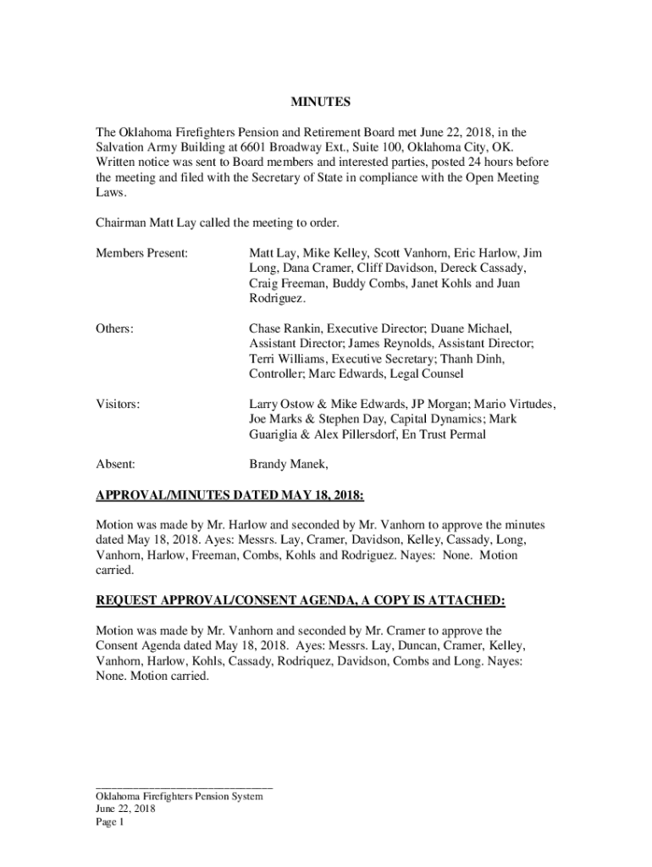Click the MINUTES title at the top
click(x=321, y=102)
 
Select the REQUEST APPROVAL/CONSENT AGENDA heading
click(x=300, y=600)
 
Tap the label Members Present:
click(x=141, y=253)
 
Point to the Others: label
click(x=114, y=328)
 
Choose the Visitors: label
click(x=117, y=405)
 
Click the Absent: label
click(x=115, y=464)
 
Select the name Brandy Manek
click(x=287, y=464)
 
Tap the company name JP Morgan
click(x=475, y=405)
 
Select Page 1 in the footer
click(x=110, y=821)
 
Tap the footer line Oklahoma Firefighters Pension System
click(x=180, y=796)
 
